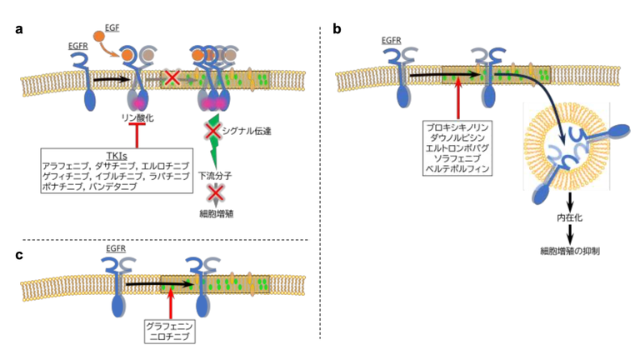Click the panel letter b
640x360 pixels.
coord(337,30)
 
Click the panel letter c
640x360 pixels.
coord(18,255)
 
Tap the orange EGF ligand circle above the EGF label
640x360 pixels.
coord(99,36)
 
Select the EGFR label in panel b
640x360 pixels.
coord(391,38)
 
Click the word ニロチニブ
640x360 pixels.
coord(168,336)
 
